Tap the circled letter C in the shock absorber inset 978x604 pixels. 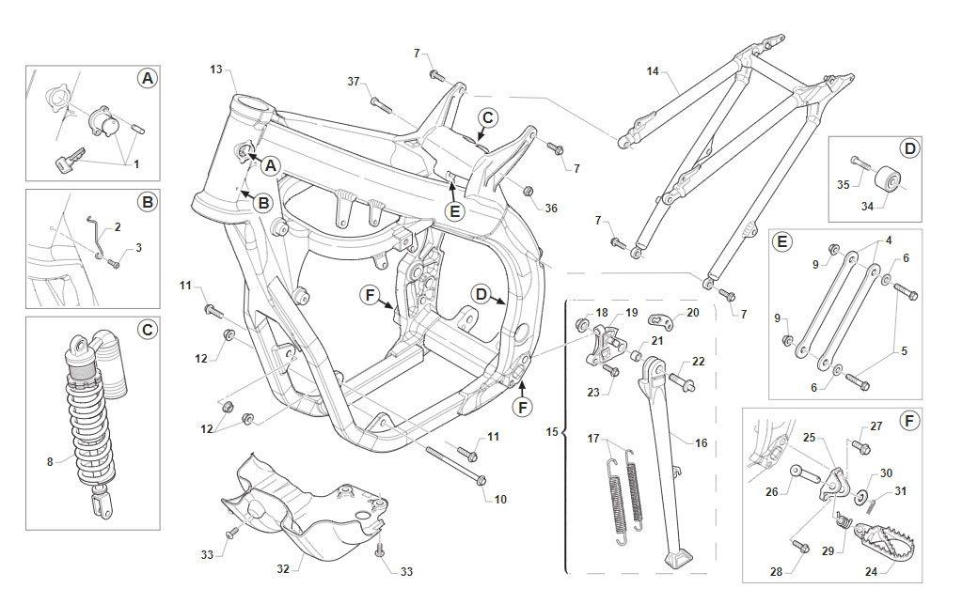[148, 329]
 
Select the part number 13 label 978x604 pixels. [215, 70]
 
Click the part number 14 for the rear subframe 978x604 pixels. [653, 71]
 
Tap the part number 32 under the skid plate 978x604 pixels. [283, 568]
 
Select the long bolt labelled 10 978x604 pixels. [456, 464]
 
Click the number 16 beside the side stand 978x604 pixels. [702, 443]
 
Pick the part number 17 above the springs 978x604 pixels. [593, 439]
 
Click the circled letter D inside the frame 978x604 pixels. [481, 294]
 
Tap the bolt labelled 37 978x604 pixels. [381, 104]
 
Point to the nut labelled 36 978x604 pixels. [528, 190]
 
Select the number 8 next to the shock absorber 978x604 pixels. [50, 462]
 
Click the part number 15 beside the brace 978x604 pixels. [552, 432]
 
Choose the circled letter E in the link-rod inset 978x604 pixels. [782, 241]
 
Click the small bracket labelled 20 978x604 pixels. [661, 321]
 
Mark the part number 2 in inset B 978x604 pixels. [118, 227]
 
